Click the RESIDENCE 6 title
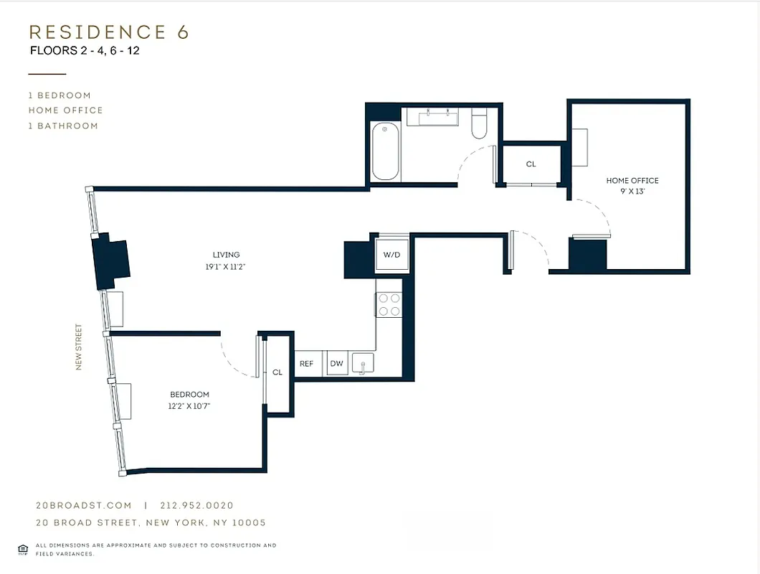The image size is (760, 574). [108, 32]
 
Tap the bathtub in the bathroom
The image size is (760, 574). [385, 151]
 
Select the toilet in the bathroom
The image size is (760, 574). [479, 124]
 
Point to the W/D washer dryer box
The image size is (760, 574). [391, 255]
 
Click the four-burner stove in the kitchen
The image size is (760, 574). [389, 304]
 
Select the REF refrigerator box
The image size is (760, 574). [306, 364]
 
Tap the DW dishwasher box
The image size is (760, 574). [336, 364]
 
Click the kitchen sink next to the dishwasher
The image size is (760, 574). [363, 364]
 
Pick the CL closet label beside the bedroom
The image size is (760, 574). [277, 372]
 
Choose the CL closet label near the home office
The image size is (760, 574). [531, 164]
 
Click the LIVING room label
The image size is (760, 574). [226, 255]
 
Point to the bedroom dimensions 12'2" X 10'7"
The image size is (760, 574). [189, 406]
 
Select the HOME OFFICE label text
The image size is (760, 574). [632, 181]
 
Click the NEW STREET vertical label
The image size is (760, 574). [78, 348]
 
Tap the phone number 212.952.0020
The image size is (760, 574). [197, 506]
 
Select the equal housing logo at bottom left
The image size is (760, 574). [23, 550]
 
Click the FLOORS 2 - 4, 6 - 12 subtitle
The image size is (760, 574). [85, 51]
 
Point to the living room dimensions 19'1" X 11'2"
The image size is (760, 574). [226, 266]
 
